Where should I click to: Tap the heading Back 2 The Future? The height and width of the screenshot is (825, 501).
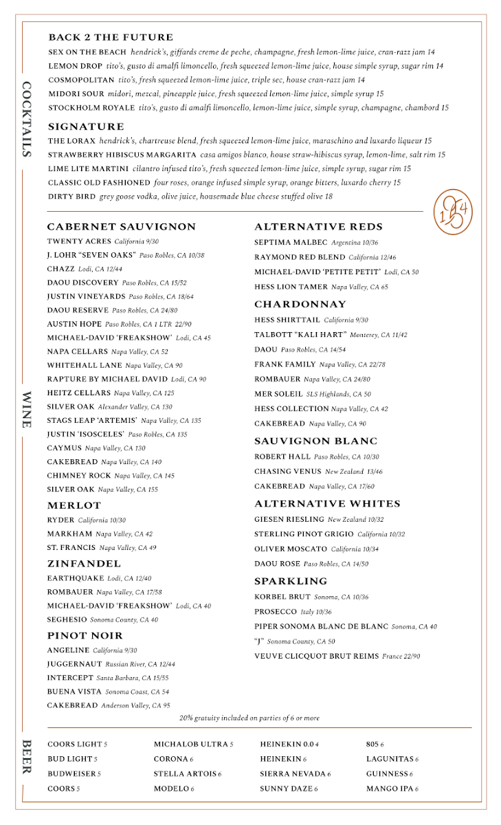tap(111, 37)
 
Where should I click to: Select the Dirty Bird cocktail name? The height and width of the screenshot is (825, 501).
tap(71, 197)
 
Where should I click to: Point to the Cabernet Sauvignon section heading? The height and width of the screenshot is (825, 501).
tap(122, 227)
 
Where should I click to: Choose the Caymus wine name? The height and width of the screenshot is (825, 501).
tap(64, 448)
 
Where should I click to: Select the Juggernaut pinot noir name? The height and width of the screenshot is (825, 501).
tap(74, 664)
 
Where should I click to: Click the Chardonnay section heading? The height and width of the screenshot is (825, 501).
tap(300, 304)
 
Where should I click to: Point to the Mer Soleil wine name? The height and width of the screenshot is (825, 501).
tap(278, 394)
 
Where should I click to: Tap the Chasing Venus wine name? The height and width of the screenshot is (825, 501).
tap(288, 472)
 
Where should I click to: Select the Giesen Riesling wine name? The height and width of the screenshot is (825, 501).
tap(289, 519)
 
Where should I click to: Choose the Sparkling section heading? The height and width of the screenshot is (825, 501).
tap(291, 581)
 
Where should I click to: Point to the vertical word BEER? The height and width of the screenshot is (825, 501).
tap(27, 757)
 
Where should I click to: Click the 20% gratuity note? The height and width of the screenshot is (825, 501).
tap(249, 718)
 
